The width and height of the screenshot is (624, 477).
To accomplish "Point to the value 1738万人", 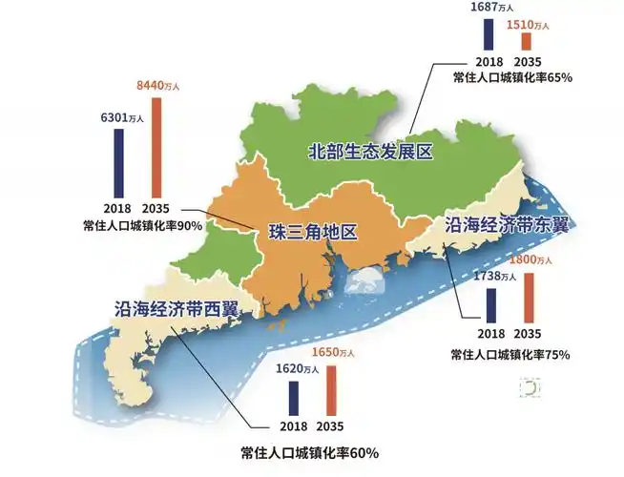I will [x=494, y=277].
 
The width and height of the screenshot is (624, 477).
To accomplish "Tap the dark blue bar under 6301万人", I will [x=119, y=164].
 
